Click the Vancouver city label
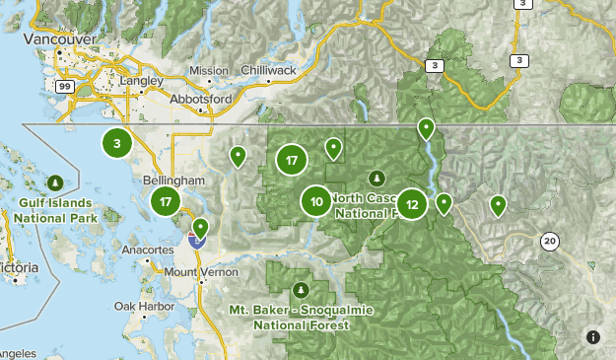point(62,38)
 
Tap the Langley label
point(140,81)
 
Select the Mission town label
point(209,71)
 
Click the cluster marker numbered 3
point(117,144)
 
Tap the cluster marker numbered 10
point(316,202)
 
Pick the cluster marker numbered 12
point(412,205)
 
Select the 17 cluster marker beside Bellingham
point(166,203)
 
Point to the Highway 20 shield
point(550,240)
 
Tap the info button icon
point(592,336)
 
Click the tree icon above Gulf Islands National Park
point(54,183)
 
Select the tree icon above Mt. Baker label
point(302,291)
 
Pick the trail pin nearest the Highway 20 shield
point(498,205)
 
